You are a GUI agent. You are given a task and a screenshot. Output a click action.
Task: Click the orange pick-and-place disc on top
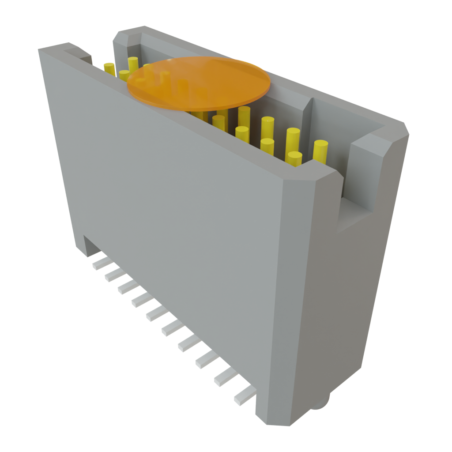199,83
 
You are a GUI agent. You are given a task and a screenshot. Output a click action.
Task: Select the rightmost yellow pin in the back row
320,151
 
